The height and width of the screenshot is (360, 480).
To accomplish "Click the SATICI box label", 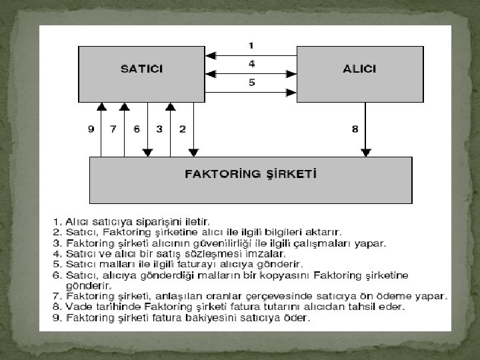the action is coord(141,69).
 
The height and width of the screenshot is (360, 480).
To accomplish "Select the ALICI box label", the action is coord(360,69).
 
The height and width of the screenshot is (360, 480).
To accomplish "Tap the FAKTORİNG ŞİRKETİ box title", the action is coord(250,175).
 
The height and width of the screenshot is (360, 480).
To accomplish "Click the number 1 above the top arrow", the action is coord(251,45).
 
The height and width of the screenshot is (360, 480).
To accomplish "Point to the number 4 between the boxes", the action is coord(251,64).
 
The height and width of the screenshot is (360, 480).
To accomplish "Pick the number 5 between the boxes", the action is coord(251,83).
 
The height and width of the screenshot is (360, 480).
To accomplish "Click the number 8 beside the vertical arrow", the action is coord(355,129).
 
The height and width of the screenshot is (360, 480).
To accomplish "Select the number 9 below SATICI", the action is coord(91,129).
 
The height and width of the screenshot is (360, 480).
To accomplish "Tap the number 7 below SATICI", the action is coord(113,129).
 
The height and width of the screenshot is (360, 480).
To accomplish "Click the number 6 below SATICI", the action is coord(137,129).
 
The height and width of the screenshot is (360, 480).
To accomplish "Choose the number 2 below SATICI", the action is coord(182,129).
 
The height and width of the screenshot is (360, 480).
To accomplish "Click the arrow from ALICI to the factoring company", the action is coord(365,130).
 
